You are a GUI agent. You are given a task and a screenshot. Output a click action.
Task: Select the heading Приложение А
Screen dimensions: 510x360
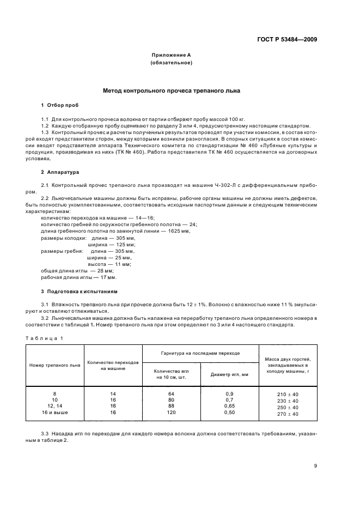[x=170, y=55]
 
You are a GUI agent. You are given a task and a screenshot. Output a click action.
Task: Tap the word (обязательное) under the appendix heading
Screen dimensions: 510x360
[x=170, y=63]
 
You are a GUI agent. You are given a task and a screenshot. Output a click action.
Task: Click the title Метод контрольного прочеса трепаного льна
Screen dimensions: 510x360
[x=171, y=90]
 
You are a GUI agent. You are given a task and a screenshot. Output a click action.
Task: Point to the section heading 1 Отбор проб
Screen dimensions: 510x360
[x=60, y=105]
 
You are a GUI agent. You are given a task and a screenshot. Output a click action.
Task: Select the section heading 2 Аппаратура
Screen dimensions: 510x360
[x=60, y=172]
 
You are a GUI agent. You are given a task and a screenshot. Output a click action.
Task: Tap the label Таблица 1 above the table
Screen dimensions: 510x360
[x=46, y=338]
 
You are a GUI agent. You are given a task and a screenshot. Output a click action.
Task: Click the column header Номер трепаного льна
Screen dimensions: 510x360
[x=54, y=365]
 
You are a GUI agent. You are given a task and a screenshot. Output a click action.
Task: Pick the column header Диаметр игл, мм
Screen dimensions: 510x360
[x=229, y=374]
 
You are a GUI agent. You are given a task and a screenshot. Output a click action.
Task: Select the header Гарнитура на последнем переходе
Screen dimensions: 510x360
[x=200, y=353]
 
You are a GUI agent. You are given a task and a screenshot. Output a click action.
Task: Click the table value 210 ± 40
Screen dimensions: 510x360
[x=288, y=394]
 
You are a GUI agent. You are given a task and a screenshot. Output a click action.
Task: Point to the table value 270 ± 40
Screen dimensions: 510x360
[x=288, y=414]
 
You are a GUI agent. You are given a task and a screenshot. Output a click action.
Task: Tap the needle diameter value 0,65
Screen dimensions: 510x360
[x=229, y=406]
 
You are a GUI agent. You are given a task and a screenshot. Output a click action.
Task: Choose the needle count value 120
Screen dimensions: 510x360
[x=170, y=414]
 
